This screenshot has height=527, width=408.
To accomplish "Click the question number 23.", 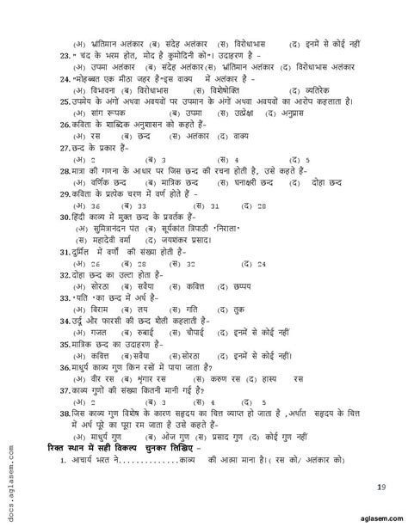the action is [53, 52].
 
